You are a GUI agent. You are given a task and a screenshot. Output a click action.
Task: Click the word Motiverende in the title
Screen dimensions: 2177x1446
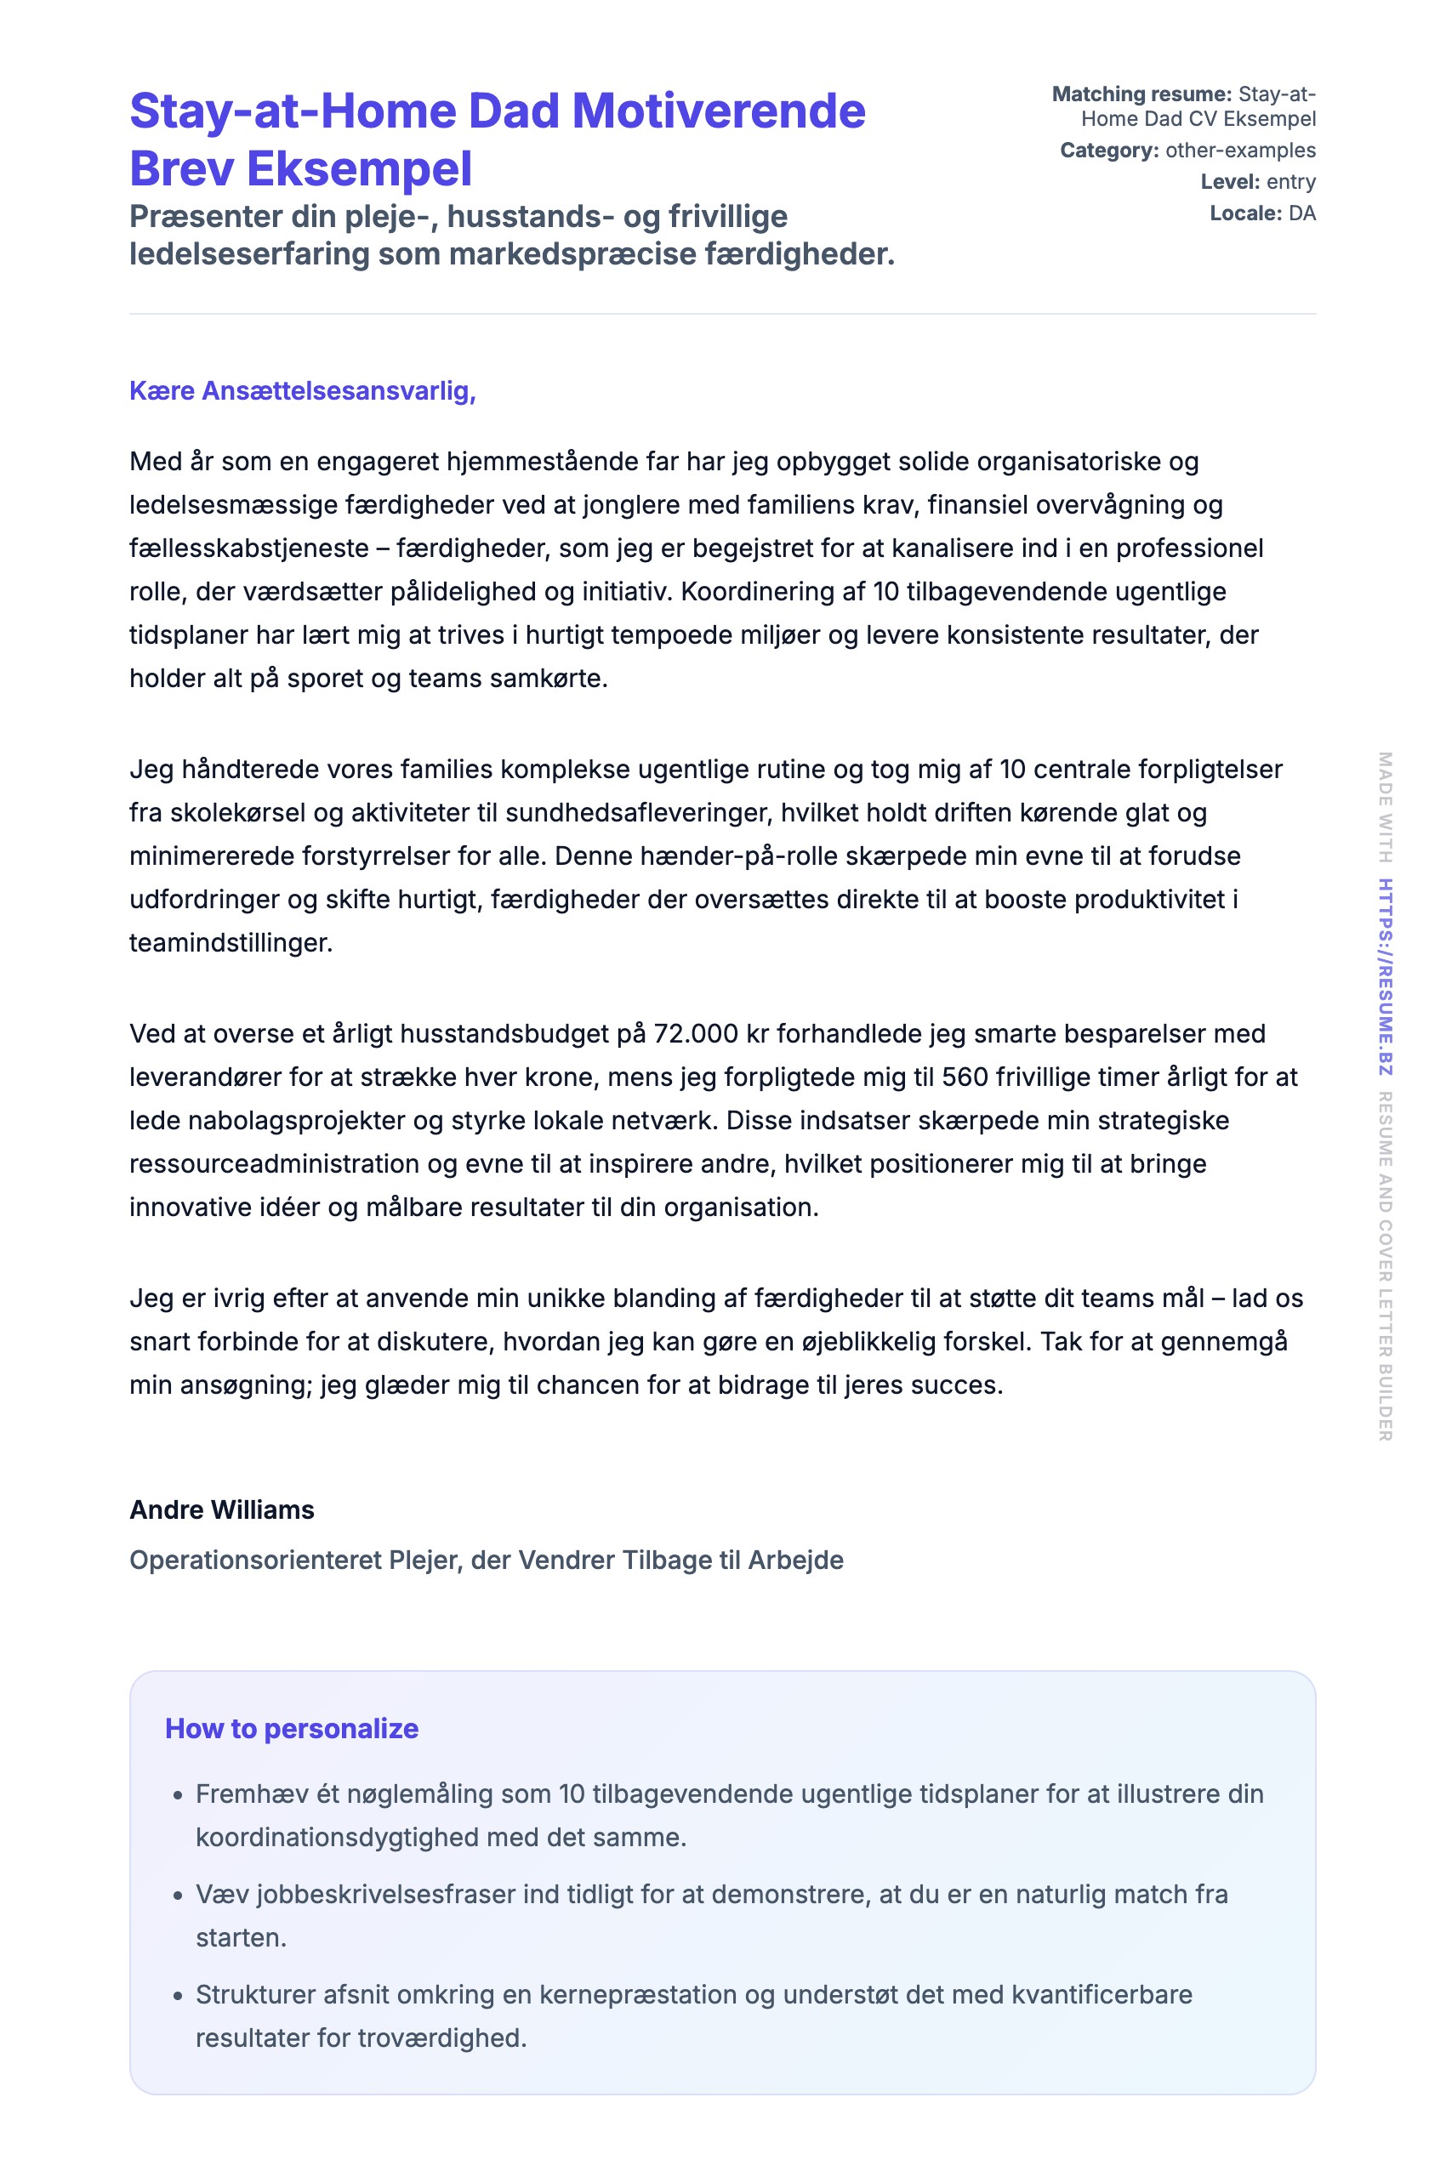719,111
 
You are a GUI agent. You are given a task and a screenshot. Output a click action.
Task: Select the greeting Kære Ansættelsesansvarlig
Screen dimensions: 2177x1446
303,391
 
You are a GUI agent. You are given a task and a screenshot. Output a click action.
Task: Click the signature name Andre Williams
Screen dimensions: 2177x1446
221,1509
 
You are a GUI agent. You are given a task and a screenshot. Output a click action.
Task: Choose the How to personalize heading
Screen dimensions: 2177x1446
292,1728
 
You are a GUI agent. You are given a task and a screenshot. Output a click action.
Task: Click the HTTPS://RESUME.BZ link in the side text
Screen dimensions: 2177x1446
1385,976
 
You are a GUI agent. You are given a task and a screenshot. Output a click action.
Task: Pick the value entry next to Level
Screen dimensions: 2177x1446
1291,182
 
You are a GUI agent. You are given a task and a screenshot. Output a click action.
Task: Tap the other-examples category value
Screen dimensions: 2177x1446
1240,151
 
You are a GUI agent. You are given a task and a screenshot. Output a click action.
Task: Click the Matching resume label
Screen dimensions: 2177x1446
1141,94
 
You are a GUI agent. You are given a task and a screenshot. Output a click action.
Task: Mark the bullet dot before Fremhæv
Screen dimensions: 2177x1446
178,1796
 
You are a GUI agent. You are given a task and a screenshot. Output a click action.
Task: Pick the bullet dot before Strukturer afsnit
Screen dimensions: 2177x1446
178,1996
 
